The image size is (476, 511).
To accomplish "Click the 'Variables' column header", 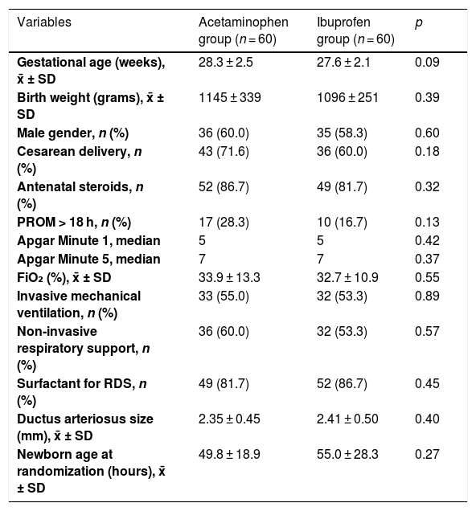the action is click(44, 22).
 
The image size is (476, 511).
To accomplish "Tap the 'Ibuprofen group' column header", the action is click(355, 31).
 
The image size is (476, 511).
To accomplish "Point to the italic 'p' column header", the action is click(419, 23).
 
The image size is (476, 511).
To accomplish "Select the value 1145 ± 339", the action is click(229, 97).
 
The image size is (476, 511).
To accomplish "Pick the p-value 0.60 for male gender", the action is click(427, 133).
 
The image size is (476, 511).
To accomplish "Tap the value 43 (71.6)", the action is click(224, 152).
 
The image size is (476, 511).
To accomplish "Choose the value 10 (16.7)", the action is click(342, 223).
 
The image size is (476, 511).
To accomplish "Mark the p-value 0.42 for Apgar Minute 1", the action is click(427, 240).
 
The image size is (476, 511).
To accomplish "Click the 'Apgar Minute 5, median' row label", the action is click(88, 259).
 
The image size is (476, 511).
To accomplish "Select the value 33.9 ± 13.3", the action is click(229, 277).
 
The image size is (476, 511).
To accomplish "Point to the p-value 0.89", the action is click(427, 296).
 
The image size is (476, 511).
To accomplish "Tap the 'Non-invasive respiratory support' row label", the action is click(84, 349).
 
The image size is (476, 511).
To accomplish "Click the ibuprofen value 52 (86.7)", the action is click(342, 384).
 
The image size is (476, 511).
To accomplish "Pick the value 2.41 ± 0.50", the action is click(347, 419).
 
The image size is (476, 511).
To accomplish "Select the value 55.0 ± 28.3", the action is click(347, 454).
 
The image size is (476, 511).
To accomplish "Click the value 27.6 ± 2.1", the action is click(343, 62).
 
